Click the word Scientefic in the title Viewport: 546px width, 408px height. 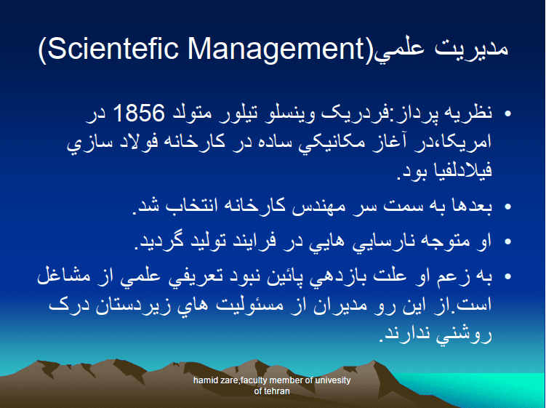113,48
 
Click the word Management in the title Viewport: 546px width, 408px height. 276,49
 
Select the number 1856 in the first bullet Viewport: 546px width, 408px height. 139,113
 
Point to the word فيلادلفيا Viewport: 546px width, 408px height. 462,170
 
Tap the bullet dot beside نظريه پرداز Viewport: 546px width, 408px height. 507,113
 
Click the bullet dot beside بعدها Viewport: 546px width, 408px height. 507,207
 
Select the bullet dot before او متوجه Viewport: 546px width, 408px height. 507,241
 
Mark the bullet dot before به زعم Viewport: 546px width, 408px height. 507,276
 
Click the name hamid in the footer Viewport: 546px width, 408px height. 204,380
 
